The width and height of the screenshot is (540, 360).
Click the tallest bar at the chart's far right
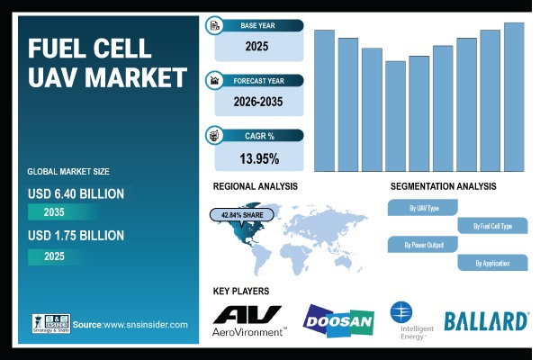(x=514, y=96)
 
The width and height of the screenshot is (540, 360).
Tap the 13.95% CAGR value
(x=259, y=159)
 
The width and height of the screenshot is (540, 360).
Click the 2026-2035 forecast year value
(x=259, y=102)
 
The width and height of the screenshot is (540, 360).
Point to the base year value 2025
(x=259, y=44)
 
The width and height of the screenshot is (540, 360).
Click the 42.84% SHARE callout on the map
(x=238, y=216)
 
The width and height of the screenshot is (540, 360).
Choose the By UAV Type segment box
(x=424, y=208)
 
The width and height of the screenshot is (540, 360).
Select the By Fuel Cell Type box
(x=492, y=226)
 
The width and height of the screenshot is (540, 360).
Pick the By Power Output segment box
(x=423, y=244)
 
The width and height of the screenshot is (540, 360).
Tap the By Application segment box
(x=491, y=263)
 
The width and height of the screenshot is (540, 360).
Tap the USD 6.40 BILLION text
(x=76, y=193)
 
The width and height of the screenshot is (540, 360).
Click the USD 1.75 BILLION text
(x=76, y=236)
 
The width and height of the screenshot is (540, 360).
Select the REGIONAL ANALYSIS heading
(x=255, y=186)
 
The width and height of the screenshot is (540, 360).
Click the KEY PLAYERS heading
(x=241, y=292)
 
